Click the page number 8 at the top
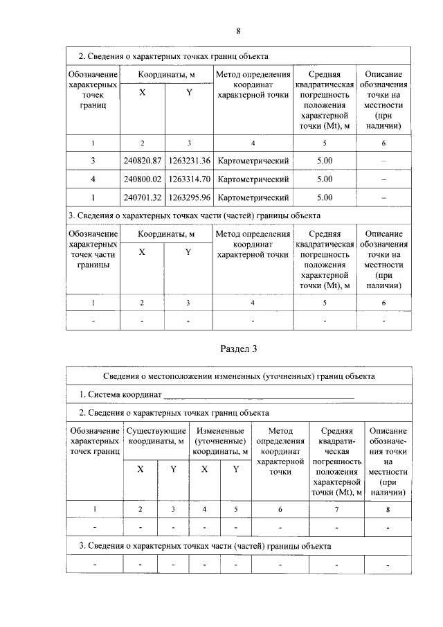click(x=238, y=31)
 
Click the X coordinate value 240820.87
click(x=142, y=161)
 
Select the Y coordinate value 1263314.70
click(x=189, y=179)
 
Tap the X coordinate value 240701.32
click(x=142, y=197)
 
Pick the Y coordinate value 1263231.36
click(x=189, y=161)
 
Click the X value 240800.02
click(x=142, y=179)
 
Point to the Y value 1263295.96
click(x=189, y=197)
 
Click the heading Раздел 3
click(x=238, y=349)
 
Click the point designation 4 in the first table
click(x=93, y=179)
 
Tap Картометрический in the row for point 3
click(x=253, y=161)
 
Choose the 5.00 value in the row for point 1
click(x=324, y=197)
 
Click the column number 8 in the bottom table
click(x=388, y=509)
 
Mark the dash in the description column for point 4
click(x=383, y=179)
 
